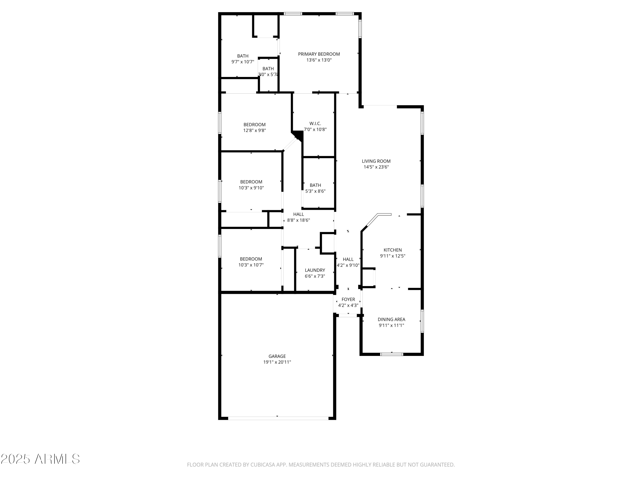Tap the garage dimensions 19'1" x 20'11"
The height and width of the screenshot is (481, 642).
[x=277, y=362]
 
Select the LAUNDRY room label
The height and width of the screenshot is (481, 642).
[x=315, y=270]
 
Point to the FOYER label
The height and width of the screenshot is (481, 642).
[x=348, y=300]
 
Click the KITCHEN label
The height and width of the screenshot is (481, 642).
[x=392, y=250]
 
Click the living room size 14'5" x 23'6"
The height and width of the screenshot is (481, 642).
[x=376, y=167]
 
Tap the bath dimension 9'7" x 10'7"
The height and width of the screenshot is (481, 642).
[x=243, y=62]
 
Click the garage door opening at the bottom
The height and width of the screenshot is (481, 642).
[x=278, y=418]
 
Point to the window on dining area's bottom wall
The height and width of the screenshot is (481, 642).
[x=392, y=354]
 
